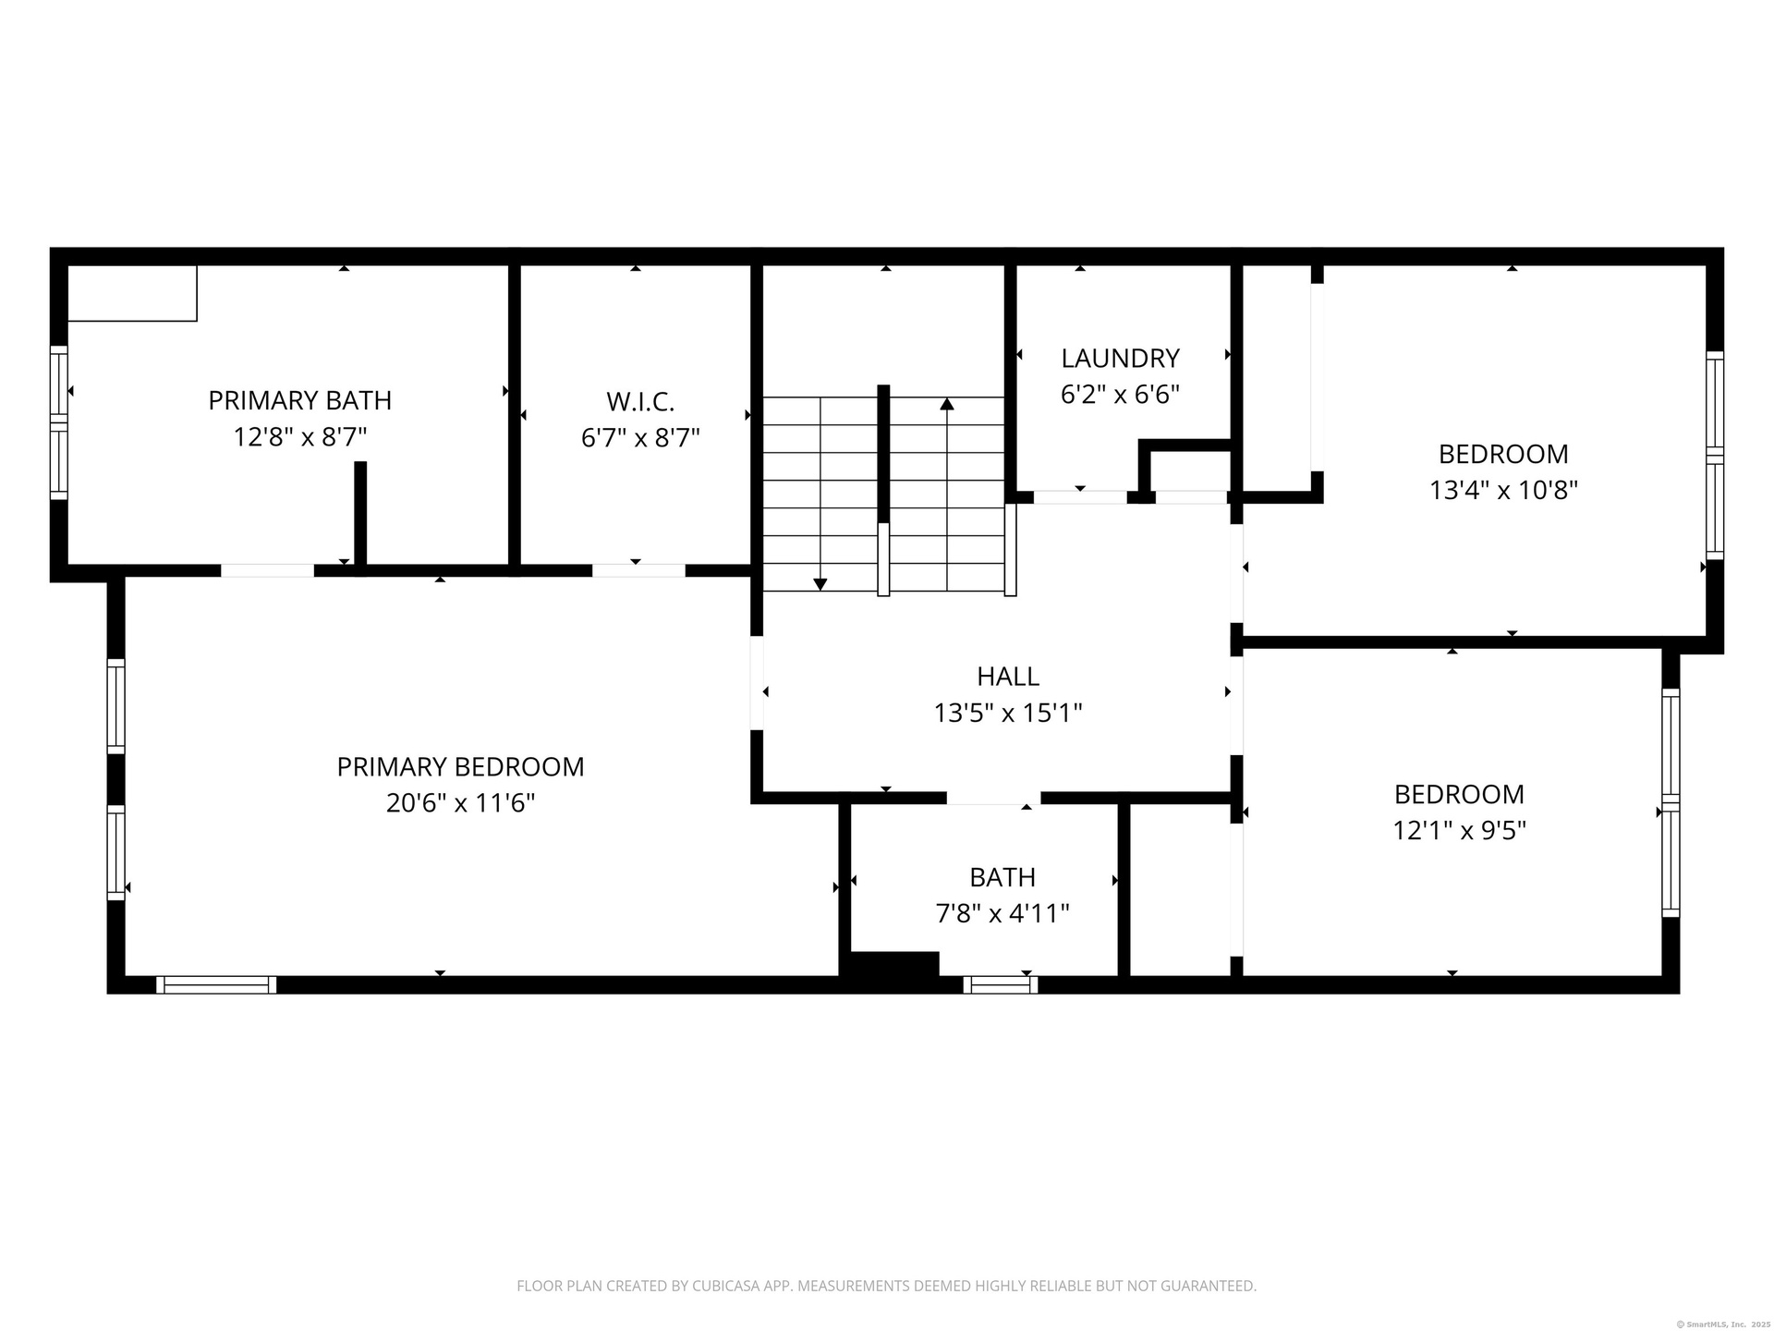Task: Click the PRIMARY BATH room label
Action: [x=300, y=400]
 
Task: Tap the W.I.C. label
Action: [x=640, y=402]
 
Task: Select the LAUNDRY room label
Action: [x=1120, y=358]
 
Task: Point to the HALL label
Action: [x=1008, y=677]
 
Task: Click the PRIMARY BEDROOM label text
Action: [x=460, y=767]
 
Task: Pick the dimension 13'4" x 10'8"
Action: [x=1503, y=490]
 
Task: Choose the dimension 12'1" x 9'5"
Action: [x=1459, y=830]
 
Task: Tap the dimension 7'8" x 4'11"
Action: [x=1002, y=913]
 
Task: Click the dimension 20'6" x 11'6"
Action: [x=460, y=802]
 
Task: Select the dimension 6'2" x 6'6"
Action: [x=1120, y=395]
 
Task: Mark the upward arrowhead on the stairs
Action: [x=947, y=404]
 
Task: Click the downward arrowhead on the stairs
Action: [x=820, y=584]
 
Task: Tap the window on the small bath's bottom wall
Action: [x=1000, y=985]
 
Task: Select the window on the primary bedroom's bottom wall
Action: [x=216, y=985]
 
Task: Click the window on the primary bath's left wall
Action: [x=59, y=422]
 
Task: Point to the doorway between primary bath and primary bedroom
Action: [x=267, y=570]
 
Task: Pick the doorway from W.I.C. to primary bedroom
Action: [x=638, y=570]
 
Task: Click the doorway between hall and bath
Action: [x=993, y=798]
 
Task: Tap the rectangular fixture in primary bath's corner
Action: [x=133, y=293]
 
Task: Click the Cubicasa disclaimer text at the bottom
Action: [x=886, y=1286]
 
